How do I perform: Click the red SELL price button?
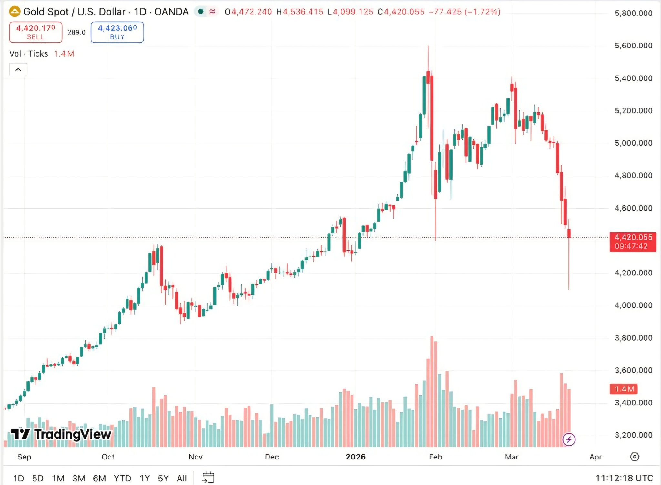(x=36, y=32)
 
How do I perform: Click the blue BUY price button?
(x=117, y=32)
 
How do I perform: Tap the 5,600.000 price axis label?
(x=633, y=46)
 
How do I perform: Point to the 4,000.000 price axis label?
(x=633, y=305)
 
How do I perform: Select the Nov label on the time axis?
(x=196, y=457)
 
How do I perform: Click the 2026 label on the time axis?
(x=356, y=457)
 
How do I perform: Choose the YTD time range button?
(x=122, y=478)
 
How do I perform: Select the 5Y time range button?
(x=163, y=478)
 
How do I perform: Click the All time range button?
(x=182, y=478)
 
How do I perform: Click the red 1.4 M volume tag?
(x=624, y=389)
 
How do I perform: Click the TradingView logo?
(x=61, y=434)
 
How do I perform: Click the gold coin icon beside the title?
(x=15, y=12)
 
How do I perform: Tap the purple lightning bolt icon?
(x=569, y=439)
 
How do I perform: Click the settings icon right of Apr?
(x=635, y=457)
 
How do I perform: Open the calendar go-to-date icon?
(x=208, y=478)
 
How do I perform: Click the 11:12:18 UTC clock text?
(x=624, y=478)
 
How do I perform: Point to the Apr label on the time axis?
(x=595, y=457)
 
